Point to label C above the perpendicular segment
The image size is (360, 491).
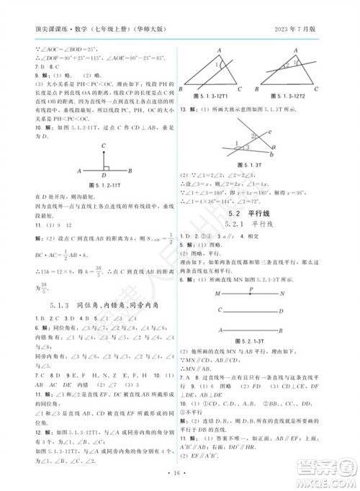[104, 145]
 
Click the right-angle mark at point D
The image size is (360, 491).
[107, 168]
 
